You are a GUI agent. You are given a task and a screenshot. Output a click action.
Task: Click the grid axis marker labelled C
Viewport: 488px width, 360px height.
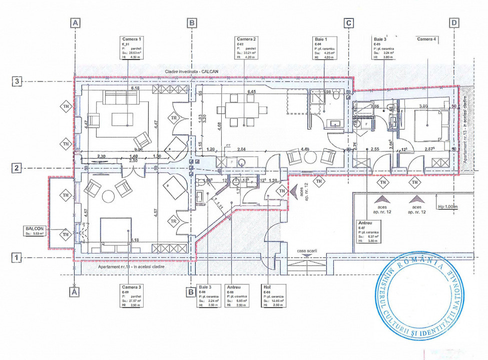[349, 22]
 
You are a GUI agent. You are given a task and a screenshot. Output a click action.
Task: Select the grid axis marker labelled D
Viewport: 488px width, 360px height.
[454, 22]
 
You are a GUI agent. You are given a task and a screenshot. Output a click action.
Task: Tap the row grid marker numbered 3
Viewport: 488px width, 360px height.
[17, 81]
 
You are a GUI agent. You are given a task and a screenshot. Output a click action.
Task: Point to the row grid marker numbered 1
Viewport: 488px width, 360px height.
[17, 258]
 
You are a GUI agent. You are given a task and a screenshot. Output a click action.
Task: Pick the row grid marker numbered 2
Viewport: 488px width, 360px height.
[17, 168]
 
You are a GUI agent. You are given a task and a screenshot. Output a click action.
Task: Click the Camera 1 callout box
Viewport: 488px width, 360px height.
[133, 48]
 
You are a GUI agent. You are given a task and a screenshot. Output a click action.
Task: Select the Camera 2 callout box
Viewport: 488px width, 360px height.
[247, 48]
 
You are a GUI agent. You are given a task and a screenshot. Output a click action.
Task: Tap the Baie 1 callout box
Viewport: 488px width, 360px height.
[325, 48]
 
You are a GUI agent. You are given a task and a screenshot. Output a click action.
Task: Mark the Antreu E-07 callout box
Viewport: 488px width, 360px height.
[369, 231]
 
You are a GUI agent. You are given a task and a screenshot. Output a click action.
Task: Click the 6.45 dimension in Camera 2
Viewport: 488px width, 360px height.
[252, 91]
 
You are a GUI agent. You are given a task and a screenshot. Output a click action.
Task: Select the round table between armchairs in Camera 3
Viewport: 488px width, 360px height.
[108, 196]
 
